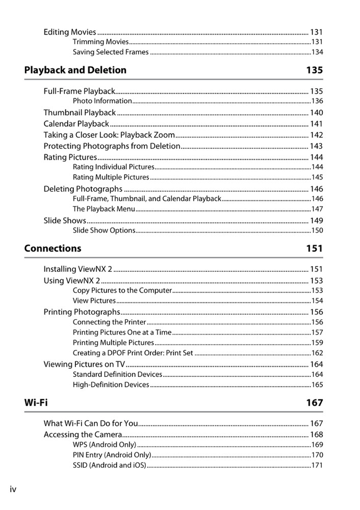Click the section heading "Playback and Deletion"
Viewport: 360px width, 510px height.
click(75, 70)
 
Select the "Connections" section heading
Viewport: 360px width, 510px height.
click(53, 248)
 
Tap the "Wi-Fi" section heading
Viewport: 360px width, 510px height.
click(36, 402)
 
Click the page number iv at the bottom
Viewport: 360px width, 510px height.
click(13, 489)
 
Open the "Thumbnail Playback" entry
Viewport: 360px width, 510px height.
click(80, 112)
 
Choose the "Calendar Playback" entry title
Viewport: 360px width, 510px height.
click(76, 123)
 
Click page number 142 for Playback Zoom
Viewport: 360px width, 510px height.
click(316, 135)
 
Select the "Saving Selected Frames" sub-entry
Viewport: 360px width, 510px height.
click(111, 52)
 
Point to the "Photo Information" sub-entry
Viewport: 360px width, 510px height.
click(102, 101)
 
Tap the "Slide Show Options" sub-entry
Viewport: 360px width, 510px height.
click(104, 231)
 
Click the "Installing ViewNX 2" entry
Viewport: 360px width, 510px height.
click(78, 269)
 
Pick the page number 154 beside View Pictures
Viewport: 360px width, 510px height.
click(317, 301)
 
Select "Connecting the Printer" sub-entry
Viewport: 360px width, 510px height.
click(109, 322)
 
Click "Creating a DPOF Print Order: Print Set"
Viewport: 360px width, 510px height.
click(133, 353)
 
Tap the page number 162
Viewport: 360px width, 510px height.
click(317, 353)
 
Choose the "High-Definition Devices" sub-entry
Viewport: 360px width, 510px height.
click(111, 385)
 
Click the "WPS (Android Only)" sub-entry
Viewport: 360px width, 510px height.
click(104, 445)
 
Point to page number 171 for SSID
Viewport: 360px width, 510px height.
click(317, 465)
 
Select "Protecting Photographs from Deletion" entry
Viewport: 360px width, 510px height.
click(112, 146)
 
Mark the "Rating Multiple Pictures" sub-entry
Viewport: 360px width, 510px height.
click(111, 177)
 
